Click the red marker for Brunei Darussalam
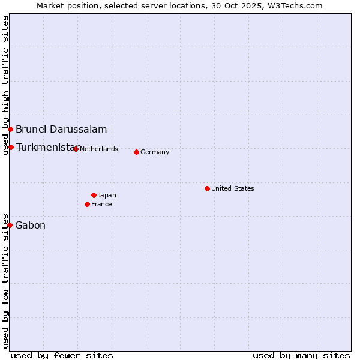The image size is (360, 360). pyautogui.click(x=10, y=129)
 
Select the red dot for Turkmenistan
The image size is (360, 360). pyautogui.click(x=11, y=147)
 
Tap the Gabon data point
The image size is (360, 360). pyautogui.click(x=10, y=225)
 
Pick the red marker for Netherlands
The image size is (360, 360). pyautogui.click(x=76, y=149)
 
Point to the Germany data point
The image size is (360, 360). pyautogui.click(x=136, y=152)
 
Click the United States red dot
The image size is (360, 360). pyautogui.click(x=207, y=188)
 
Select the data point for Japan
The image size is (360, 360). pyautogui.click(x=94, y=195)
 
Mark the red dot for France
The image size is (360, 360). pyautogui.click(x=87, y=204)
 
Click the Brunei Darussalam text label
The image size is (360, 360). pyautogui.click(x=61, y=129)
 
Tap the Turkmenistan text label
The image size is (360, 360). pyautogui.click(x=47, y=147)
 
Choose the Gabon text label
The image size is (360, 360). pyautogui.click(x=30, y=225)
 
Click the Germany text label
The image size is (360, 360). pyautogui.click(x=155, y=152)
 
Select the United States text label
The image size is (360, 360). pyautogui.click(x=233, y=188)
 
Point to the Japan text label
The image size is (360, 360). pyautogui.click(x=107, y=195)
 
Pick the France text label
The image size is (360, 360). pyautogui.click(x=101, y=204)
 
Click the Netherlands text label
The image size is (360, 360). pyautogui.click(x=98, y=149)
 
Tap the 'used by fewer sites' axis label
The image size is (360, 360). pyautogui.click(x=62, y=355)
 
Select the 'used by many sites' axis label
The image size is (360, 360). pyautogui.click(x=301, y=355)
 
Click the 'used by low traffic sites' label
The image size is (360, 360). pyautogui.click(x=5, y=281)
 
